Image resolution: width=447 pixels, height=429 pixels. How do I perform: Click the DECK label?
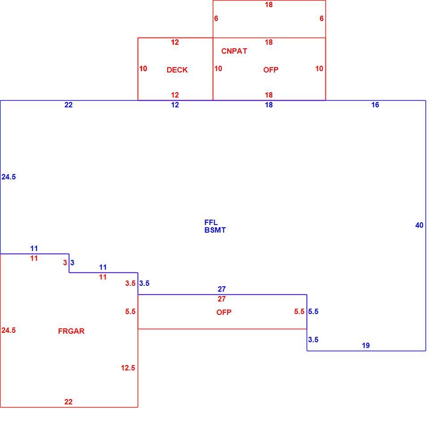coord(177,70)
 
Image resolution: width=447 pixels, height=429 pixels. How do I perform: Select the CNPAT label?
coord(234,51)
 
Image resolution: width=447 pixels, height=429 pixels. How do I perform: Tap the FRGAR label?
coord(71,331)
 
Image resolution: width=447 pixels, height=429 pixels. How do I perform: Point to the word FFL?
coord(211,222)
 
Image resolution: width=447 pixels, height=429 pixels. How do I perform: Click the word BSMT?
coord(215,230)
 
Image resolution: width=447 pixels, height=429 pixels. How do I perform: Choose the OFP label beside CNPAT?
coord(271,70)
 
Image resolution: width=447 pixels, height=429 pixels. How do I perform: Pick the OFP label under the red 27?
coord(224,312)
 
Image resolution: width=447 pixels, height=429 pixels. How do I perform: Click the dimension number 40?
coord(419,225)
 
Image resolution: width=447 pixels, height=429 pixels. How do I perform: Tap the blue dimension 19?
coord(366,346)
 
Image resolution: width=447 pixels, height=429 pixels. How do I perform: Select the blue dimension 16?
coord(375,105)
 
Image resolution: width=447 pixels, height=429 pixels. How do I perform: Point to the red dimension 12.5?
coord(128,368)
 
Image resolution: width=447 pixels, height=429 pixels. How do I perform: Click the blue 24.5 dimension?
coord(8,177)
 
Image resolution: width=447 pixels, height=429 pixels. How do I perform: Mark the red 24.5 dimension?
coord(8,330)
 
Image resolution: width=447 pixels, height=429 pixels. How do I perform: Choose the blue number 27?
coord(222,289)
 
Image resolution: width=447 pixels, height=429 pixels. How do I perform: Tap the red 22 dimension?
coord(68,402)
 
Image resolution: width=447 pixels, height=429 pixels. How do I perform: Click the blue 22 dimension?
coord(68,105)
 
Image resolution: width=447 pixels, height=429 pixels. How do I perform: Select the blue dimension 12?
coord(175,105)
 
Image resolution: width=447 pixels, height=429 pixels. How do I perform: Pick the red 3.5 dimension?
coord(130,284)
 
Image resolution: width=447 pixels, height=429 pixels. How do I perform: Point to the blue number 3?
coord(72,263)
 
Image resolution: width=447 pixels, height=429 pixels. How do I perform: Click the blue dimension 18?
coord(269,105)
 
